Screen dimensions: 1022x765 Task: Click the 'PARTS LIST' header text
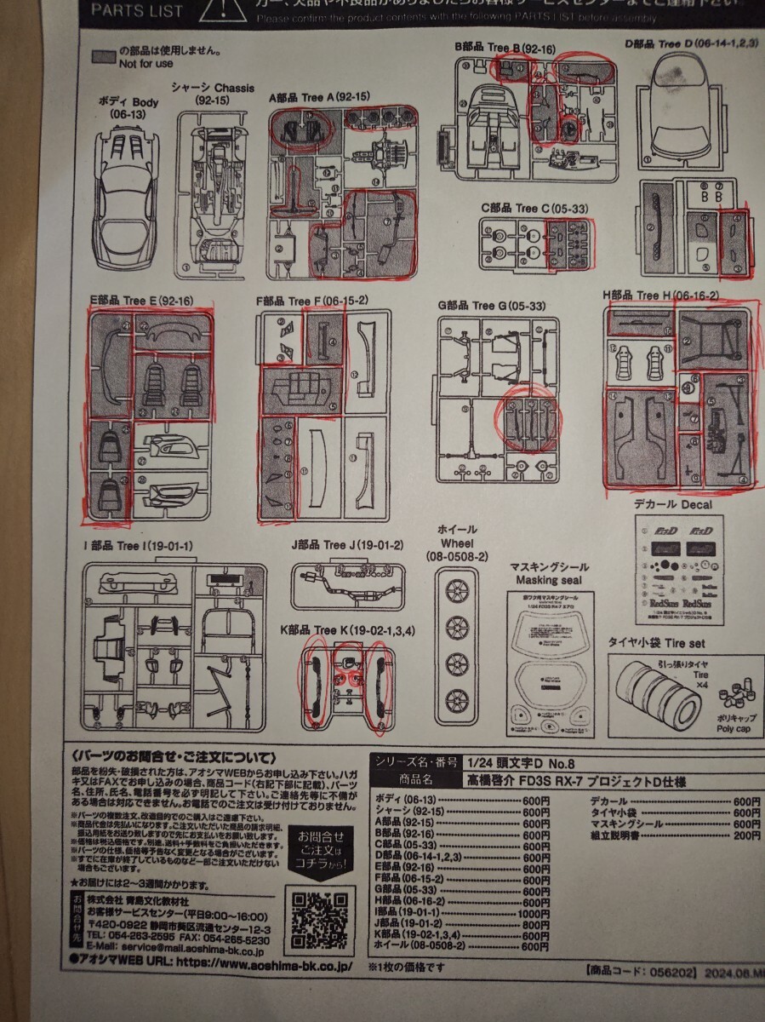pyautogui.click(x=136, y=11)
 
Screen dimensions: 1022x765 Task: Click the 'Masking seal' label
pyautogui.click(x=547, y=580)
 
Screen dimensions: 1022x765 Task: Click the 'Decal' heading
pyautogui.click(x=695, y=504)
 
